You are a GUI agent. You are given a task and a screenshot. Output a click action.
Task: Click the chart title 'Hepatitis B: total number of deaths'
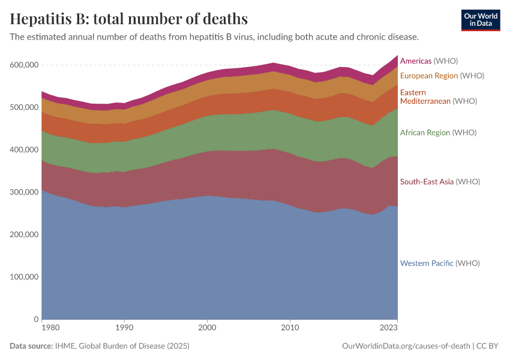point(129,18)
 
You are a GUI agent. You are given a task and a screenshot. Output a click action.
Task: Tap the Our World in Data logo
point(480,20)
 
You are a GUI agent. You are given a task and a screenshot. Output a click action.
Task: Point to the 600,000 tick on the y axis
point(24,65)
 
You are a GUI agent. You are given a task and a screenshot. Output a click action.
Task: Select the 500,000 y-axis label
point(24,107)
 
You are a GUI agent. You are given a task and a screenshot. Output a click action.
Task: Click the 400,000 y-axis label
point(24,149)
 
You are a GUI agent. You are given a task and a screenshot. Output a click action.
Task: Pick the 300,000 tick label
point(24,192)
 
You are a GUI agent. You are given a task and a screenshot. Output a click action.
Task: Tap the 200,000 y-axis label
point(24,235)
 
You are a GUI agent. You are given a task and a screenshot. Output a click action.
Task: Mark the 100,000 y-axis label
point(24,277)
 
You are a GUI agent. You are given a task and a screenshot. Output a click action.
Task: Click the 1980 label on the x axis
point(50,328)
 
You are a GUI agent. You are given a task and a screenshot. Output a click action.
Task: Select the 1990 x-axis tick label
point(124,328)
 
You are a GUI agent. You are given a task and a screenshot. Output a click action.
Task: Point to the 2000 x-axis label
point(207,328)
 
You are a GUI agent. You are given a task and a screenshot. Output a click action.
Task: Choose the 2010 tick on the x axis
point(290,328)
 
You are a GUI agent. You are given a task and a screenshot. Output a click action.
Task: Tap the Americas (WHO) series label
point(429,61)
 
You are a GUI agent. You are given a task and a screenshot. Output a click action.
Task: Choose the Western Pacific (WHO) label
point(440,263)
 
